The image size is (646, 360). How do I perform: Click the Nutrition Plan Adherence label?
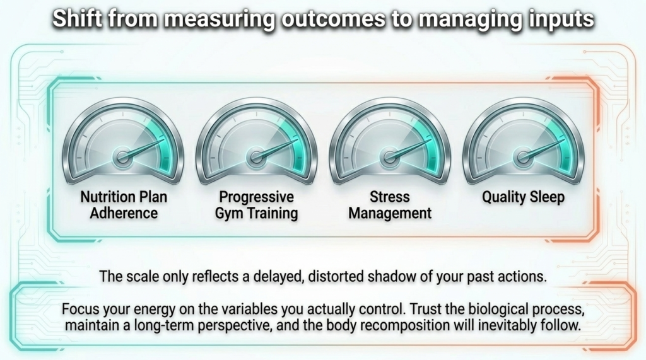click(x=124, y=205)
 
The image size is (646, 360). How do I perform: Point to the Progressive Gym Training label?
click(x=256, y=205)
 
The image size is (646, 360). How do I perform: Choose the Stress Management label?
click(x=390, y=205)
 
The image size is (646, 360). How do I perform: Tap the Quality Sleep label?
click(x=523, y=197)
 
